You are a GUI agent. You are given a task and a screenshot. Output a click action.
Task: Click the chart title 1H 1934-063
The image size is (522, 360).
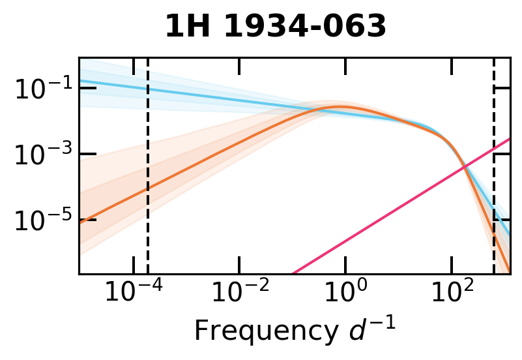[275, 27]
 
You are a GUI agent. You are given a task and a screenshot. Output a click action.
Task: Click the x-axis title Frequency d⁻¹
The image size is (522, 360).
[295, 331]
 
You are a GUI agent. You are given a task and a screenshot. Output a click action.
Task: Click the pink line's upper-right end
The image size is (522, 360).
[509, 139]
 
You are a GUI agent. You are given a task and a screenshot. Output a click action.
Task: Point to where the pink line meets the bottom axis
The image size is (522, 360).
[293, 273]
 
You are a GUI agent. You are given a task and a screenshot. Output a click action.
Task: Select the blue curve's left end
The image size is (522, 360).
[80, 81]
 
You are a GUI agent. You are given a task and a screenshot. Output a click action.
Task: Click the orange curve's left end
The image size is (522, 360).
[80, 222]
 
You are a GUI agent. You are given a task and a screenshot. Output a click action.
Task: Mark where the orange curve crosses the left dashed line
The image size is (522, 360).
[148, 188]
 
